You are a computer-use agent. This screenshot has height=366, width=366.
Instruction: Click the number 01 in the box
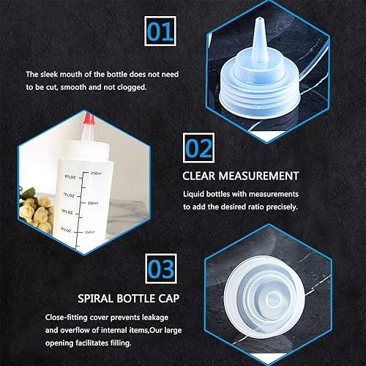160,31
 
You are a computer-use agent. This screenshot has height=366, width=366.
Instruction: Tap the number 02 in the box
198,149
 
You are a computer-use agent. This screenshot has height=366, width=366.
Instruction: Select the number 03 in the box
161,269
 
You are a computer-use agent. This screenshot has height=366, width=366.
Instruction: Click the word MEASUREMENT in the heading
258,176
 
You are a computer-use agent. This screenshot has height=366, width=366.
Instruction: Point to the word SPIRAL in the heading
95,299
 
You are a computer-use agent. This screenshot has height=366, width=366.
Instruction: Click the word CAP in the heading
169,299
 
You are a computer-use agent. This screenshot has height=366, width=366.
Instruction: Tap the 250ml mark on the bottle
96,173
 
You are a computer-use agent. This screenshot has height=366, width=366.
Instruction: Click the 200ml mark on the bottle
93,203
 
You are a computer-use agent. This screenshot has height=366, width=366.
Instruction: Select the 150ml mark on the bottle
89,232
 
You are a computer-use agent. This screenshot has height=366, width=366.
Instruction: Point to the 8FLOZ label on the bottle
70,177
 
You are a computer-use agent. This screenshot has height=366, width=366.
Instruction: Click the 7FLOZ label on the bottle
69,195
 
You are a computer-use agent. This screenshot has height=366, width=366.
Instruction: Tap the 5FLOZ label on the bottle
66,230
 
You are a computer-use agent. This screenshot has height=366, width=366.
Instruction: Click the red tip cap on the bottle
89,119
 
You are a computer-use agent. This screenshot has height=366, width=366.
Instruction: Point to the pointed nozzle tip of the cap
258,19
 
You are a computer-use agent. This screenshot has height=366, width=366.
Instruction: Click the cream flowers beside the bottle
37,211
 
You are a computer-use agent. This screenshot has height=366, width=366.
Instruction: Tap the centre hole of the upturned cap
273,298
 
